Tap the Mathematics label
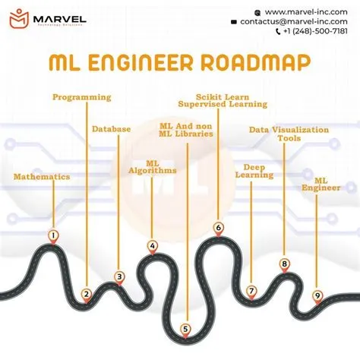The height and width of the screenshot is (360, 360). coord(42,176)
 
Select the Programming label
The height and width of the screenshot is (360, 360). coord(82,97)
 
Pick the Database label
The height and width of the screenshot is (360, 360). coord(112,129)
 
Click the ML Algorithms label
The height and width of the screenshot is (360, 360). coord(152,166)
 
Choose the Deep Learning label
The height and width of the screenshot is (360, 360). coord(258,170)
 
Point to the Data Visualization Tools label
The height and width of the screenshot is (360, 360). coord(289,134)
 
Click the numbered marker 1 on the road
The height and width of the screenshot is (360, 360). coord(53,235)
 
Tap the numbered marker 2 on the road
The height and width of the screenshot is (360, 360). coord(87,294)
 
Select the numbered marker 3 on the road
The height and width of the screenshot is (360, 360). coord(119,276)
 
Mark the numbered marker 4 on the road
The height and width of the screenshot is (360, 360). coord(152,245)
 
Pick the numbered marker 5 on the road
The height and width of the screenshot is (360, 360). coord(186,328)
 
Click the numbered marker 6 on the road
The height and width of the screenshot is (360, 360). coord(218,227)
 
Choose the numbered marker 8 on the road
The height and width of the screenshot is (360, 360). coord(284,264)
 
